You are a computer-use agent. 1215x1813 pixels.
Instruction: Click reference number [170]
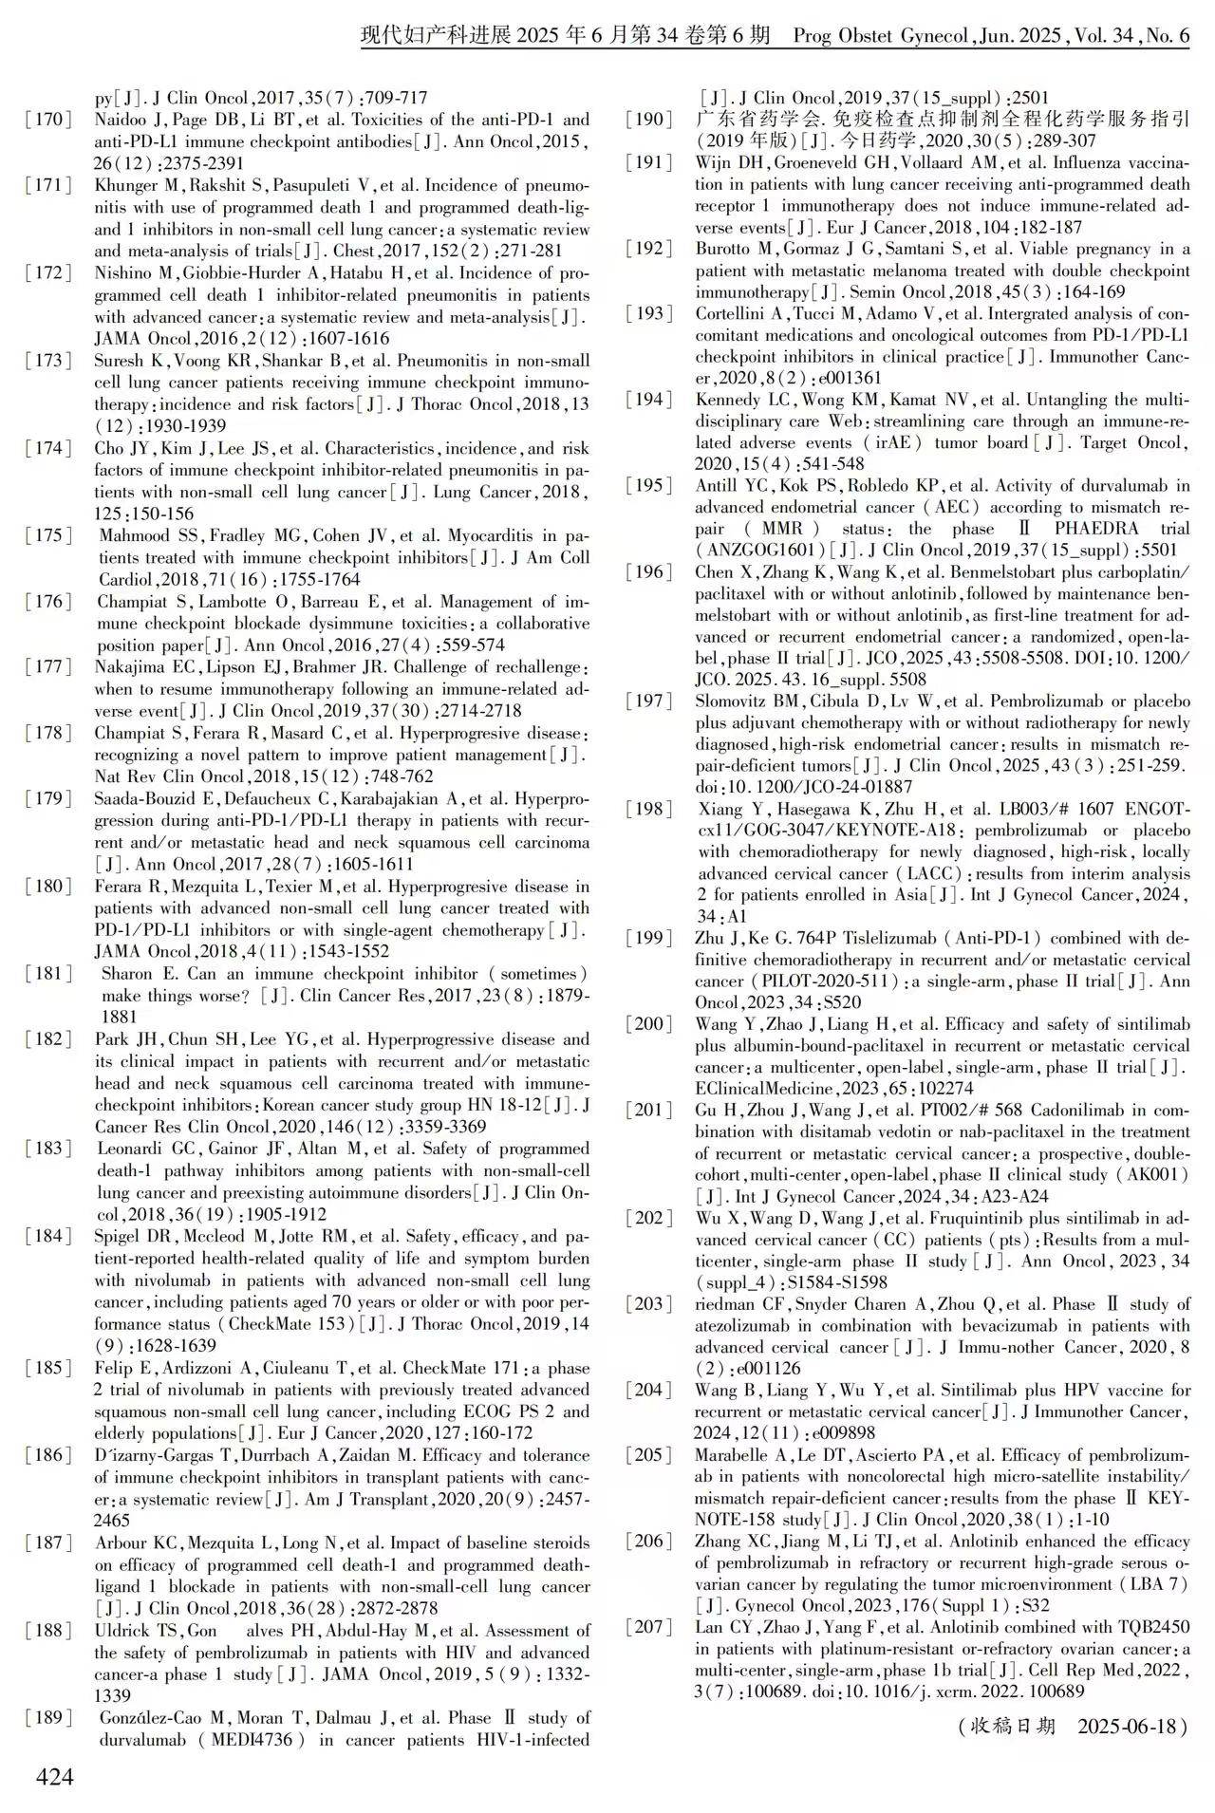(49, 121)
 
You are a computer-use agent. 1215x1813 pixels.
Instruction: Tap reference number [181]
(49, 974)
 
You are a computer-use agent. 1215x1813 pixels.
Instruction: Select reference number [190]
(649, 121)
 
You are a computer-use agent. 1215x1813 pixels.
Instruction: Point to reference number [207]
(649, 1627)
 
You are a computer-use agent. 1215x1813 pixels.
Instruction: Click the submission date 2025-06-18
(1132, 1726)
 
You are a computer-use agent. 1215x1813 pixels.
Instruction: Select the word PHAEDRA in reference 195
(1088, 529)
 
